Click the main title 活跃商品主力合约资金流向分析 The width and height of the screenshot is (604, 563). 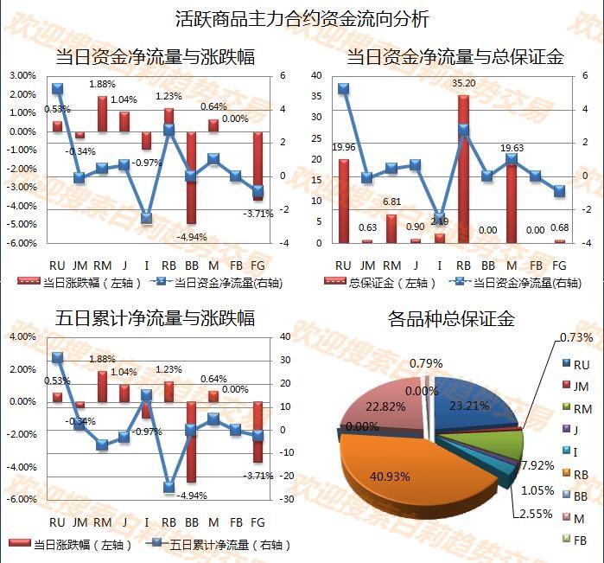302,18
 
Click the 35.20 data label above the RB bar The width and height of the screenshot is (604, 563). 465,83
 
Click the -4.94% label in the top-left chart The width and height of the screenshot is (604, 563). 191,236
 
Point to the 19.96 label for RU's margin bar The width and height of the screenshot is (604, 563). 344,148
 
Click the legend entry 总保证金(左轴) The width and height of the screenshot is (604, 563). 385,282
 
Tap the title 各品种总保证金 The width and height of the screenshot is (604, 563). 452,318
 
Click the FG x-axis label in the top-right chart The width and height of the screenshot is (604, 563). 559,264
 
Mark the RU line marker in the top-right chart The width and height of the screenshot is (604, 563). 343,88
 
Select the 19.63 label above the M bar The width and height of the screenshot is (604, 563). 512,148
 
